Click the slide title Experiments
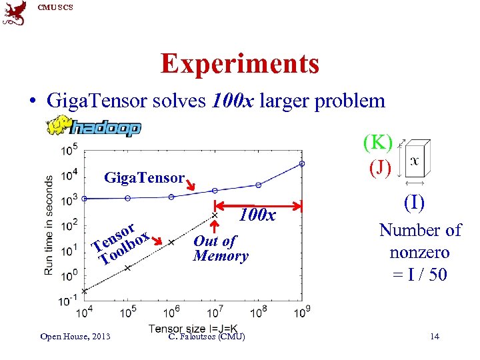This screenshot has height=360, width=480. tap(239, 64)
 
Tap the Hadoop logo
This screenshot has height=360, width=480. tap(93, 127)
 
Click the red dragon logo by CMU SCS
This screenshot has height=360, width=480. tap(15, 13)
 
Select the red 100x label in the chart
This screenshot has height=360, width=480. tap(257, 215)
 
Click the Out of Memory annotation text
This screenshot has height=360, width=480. tap(220, 249)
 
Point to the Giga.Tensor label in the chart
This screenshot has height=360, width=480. tap(143, 178)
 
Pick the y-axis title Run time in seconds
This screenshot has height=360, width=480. tap(49, 225)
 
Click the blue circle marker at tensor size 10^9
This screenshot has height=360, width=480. tap(302, 163)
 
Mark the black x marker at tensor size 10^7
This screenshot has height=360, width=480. tap(214, 215)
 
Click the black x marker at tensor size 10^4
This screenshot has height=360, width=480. tap(84, 291)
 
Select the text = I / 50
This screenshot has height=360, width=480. tap(419, 274)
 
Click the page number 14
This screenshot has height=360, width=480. tap(435, 336)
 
